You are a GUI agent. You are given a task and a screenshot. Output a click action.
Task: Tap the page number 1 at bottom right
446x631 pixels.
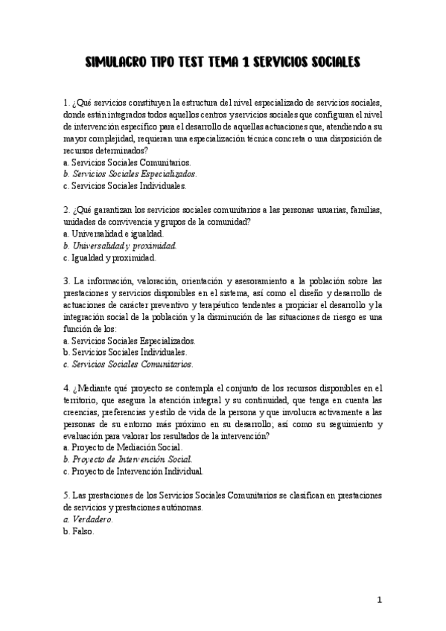[379, 600]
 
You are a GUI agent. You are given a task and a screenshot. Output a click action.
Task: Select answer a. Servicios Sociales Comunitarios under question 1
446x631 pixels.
[127, 162]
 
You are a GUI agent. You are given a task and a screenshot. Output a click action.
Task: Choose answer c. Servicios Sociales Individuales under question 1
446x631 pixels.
[125, 186]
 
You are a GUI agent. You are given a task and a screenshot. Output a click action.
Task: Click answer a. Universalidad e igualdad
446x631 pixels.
[113, 234]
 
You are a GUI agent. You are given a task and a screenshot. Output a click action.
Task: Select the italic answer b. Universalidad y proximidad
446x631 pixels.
[120, 246]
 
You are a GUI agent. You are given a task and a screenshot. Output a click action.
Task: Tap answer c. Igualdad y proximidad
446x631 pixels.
[109, 257]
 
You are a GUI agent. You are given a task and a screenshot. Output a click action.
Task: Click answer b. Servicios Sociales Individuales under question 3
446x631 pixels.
[125, 353]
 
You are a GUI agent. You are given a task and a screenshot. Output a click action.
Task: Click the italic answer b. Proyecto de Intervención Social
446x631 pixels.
[128, 460]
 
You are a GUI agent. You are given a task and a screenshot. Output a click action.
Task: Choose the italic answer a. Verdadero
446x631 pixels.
[89, 519]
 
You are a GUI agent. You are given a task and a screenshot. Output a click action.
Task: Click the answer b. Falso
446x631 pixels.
[80, 531]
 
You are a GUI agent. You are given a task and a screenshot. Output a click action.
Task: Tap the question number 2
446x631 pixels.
[67, 210]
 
